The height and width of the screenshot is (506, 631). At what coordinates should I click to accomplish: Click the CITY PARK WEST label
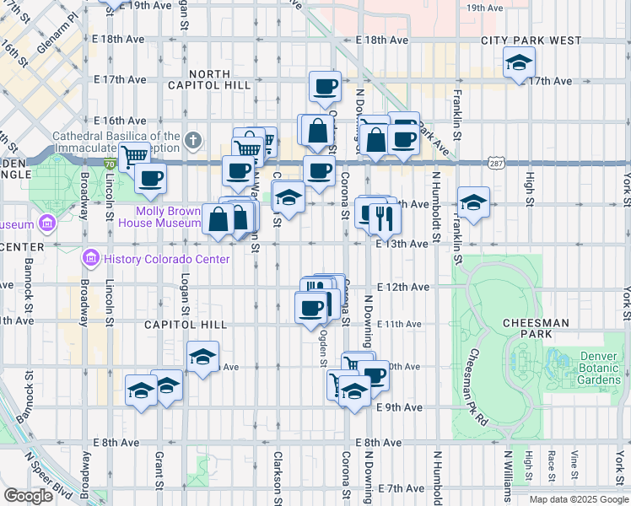coord(531,40)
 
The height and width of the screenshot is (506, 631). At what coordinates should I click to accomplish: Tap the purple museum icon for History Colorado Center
coord(89,257)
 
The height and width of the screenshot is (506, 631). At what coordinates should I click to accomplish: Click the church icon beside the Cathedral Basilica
coord(193,139)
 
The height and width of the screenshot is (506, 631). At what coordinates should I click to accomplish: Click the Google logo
coord(27,495)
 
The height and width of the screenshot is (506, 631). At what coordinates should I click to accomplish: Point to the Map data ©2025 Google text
coord(579,499)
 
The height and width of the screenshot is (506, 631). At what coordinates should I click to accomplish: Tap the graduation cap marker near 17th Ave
coord(520,62)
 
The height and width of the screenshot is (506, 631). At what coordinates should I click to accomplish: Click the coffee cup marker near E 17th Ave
coord(324,85)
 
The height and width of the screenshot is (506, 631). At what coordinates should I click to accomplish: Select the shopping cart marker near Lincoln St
coord(134,155)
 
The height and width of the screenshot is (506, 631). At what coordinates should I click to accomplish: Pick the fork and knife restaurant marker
coord(384,218)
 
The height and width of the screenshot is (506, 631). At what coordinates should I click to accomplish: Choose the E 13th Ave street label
coord(402,243)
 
